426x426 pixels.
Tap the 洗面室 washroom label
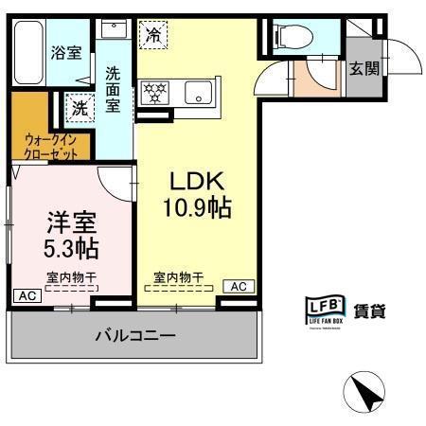coord(113,88)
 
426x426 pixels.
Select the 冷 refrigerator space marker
coord(153,35)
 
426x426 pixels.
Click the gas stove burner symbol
coord(154,93)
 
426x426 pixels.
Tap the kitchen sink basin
coord(199,93)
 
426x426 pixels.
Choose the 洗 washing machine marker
coord(80,108)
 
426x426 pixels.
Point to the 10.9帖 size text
coord(200,207)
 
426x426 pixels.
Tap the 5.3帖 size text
coord(73,249)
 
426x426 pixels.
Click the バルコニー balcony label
coord(134,335)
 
